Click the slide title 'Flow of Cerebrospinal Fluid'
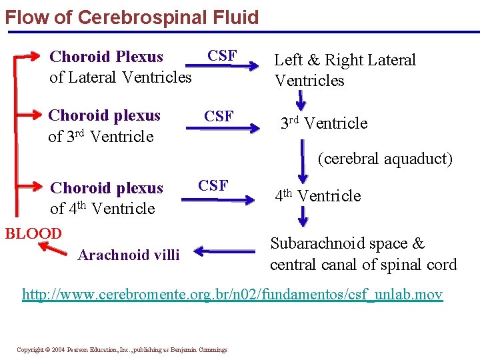click(131, 17)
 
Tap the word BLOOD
click(33, 234)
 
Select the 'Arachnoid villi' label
click(129, 255)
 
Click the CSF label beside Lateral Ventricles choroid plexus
click(222, 55)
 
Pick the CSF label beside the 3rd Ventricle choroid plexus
click(219, 117)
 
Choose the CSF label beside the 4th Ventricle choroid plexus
click(213, 185)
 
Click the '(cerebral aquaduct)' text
click(385, 159)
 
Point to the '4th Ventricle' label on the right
click(318, 196)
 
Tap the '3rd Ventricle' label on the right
click(323, 123)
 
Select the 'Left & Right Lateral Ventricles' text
click(345, 70)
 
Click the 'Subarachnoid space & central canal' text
click(363, 254)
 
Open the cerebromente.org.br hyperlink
click(232, 294)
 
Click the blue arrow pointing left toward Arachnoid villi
click(224, 252)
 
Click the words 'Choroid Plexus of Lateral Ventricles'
click(120, 67)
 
